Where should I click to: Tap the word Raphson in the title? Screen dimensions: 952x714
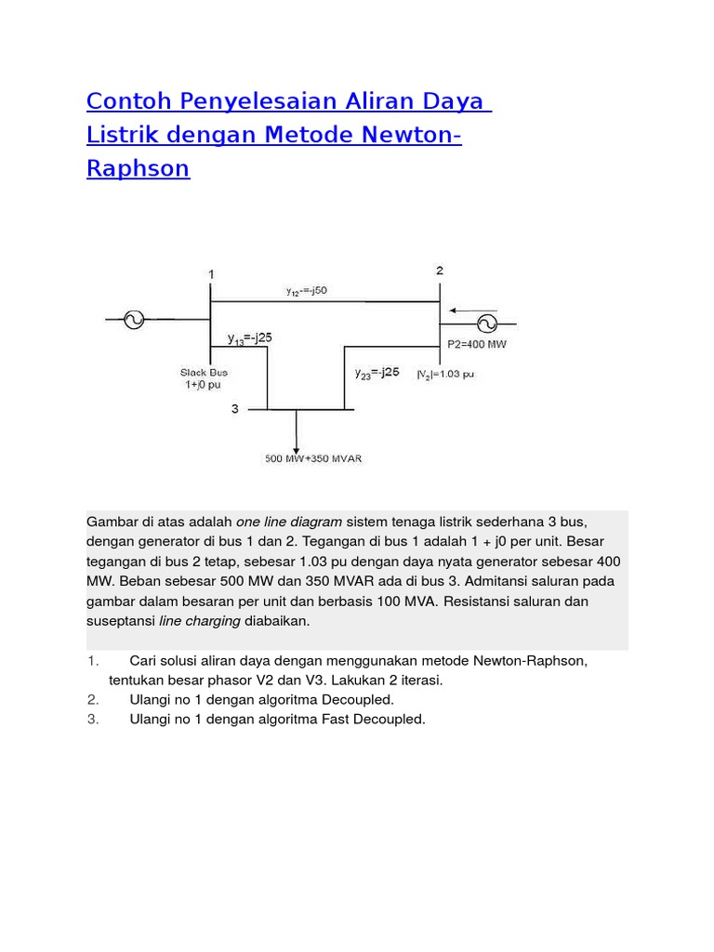[138, 168]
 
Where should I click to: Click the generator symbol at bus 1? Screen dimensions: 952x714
[133, 321]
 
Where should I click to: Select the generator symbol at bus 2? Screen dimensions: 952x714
[485, 324]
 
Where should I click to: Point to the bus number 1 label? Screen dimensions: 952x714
[211, 275]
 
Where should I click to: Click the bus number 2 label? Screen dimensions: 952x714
[440, 271]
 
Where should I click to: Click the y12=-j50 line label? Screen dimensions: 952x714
[306, 291]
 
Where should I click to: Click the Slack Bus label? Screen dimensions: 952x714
[204, 372]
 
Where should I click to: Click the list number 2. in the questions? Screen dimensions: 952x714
[93, 699]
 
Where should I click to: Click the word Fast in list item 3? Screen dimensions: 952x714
[313, 719]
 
